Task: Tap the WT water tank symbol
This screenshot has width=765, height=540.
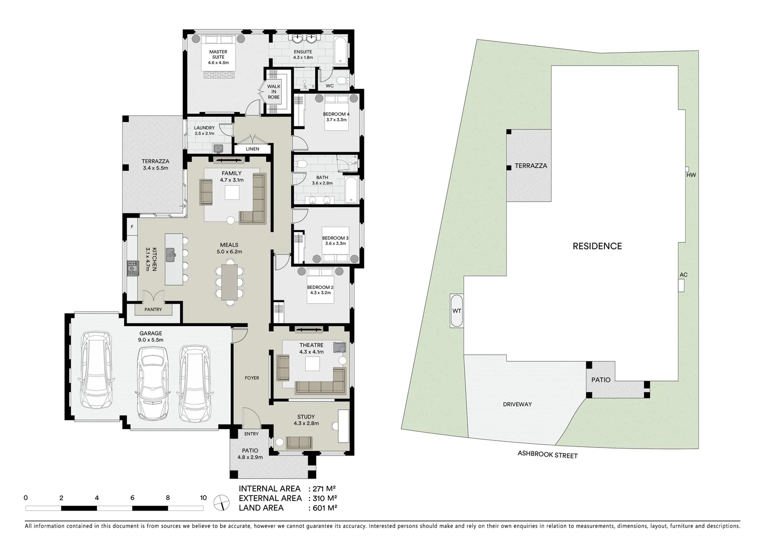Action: tap(456, 310)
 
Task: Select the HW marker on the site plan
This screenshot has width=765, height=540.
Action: tap(691, 174)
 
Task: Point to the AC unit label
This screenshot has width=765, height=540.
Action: tap(683, 275)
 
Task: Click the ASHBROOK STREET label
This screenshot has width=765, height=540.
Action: tap(547, 455)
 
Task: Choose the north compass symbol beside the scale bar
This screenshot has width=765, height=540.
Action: tap(220, 502)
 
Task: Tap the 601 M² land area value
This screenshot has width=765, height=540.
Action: tap(323, 507)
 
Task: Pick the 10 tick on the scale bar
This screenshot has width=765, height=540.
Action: tap(203, 498)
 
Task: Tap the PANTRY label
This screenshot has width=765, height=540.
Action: tap(153, 309)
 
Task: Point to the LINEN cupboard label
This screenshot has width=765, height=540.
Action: tap(253, 149)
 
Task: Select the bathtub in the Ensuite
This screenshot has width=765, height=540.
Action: tap(340, 51)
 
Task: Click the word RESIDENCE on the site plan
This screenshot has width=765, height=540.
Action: tap(597, 246)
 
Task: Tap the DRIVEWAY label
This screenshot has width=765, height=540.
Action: tap(517, 404)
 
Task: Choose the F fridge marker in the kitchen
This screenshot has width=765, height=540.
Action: tap(132, 227)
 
